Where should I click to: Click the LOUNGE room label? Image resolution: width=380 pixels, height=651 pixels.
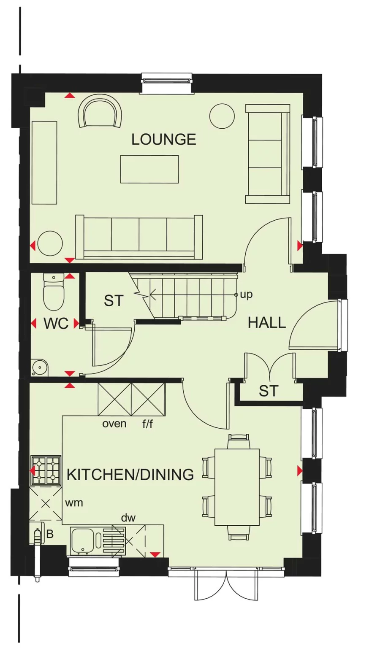tap(163, 139)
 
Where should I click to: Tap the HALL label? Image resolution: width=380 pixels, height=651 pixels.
tap(266, 323)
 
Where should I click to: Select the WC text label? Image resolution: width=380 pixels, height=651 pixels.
tap(56, 324)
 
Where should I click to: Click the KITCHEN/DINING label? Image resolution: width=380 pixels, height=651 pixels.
tap(130, 475)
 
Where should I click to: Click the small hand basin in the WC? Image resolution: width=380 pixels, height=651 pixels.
tap(40, 367)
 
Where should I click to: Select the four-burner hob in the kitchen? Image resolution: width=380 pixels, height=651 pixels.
tap(46, 470)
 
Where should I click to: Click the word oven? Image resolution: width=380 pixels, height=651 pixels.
tap(114, 423)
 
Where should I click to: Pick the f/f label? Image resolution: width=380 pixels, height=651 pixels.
tap(147, 424)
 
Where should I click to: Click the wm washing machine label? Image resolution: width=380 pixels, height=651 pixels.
tap(74, 502)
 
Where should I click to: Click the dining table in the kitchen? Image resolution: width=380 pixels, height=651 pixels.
tap(237, 487)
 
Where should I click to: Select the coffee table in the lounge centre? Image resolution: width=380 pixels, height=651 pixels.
tap(149, 169)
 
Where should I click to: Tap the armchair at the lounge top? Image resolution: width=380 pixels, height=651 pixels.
tap(100, 111)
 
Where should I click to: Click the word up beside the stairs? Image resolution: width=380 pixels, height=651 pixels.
tap(246, 294)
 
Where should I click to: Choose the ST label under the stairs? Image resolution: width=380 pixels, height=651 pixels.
tap(114, 301)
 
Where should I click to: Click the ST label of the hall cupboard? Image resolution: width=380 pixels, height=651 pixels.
tap(269, 391)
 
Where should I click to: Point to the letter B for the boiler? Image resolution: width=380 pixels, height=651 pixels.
tap(50, 534)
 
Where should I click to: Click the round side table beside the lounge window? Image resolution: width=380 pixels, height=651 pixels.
tap(222, 116)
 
